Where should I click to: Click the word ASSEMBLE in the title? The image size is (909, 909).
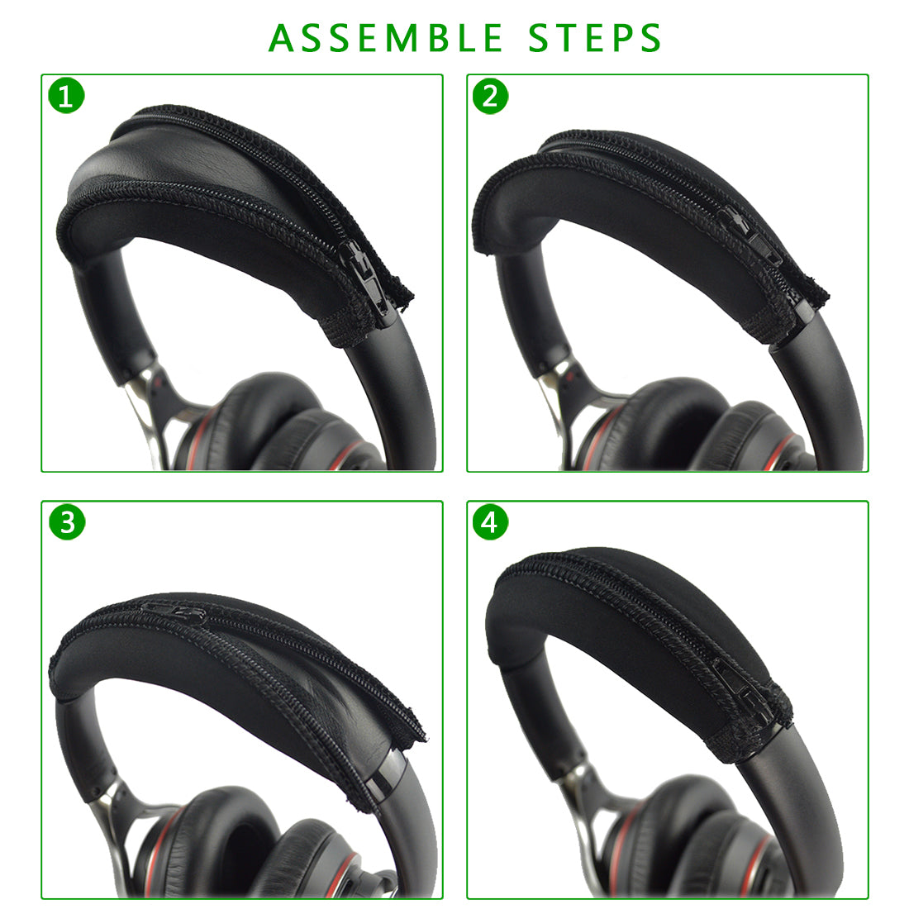click(386, 38)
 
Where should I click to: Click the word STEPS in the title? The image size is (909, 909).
click(595, 38)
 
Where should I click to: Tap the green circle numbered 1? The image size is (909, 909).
click(67, 96)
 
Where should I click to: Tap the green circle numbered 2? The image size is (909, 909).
click(490, 96)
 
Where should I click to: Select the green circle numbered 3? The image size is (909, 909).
click(67, 521)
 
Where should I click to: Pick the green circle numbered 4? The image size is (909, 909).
click(490, 521)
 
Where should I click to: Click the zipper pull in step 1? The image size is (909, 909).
click(365, 275)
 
